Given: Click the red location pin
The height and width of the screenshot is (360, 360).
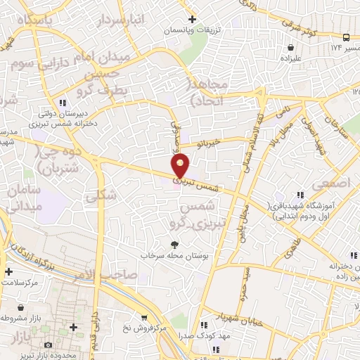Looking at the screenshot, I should coord(181,165).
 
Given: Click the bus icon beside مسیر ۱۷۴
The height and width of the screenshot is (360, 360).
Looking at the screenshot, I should coord(347,37).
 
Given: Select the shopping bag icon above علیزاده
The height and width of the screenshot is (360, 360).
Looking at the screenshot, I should coord(290,48).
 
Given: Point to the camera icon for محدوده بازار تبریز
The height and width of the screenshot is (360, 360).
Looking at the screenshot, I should coord(49,345).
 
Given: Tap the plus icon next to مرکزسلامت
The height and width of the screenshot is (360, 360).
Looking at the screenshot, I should coord(8,271).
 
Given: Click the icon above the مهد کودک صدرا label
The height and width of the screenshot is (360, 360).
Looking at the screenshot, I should coord(204,325).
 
